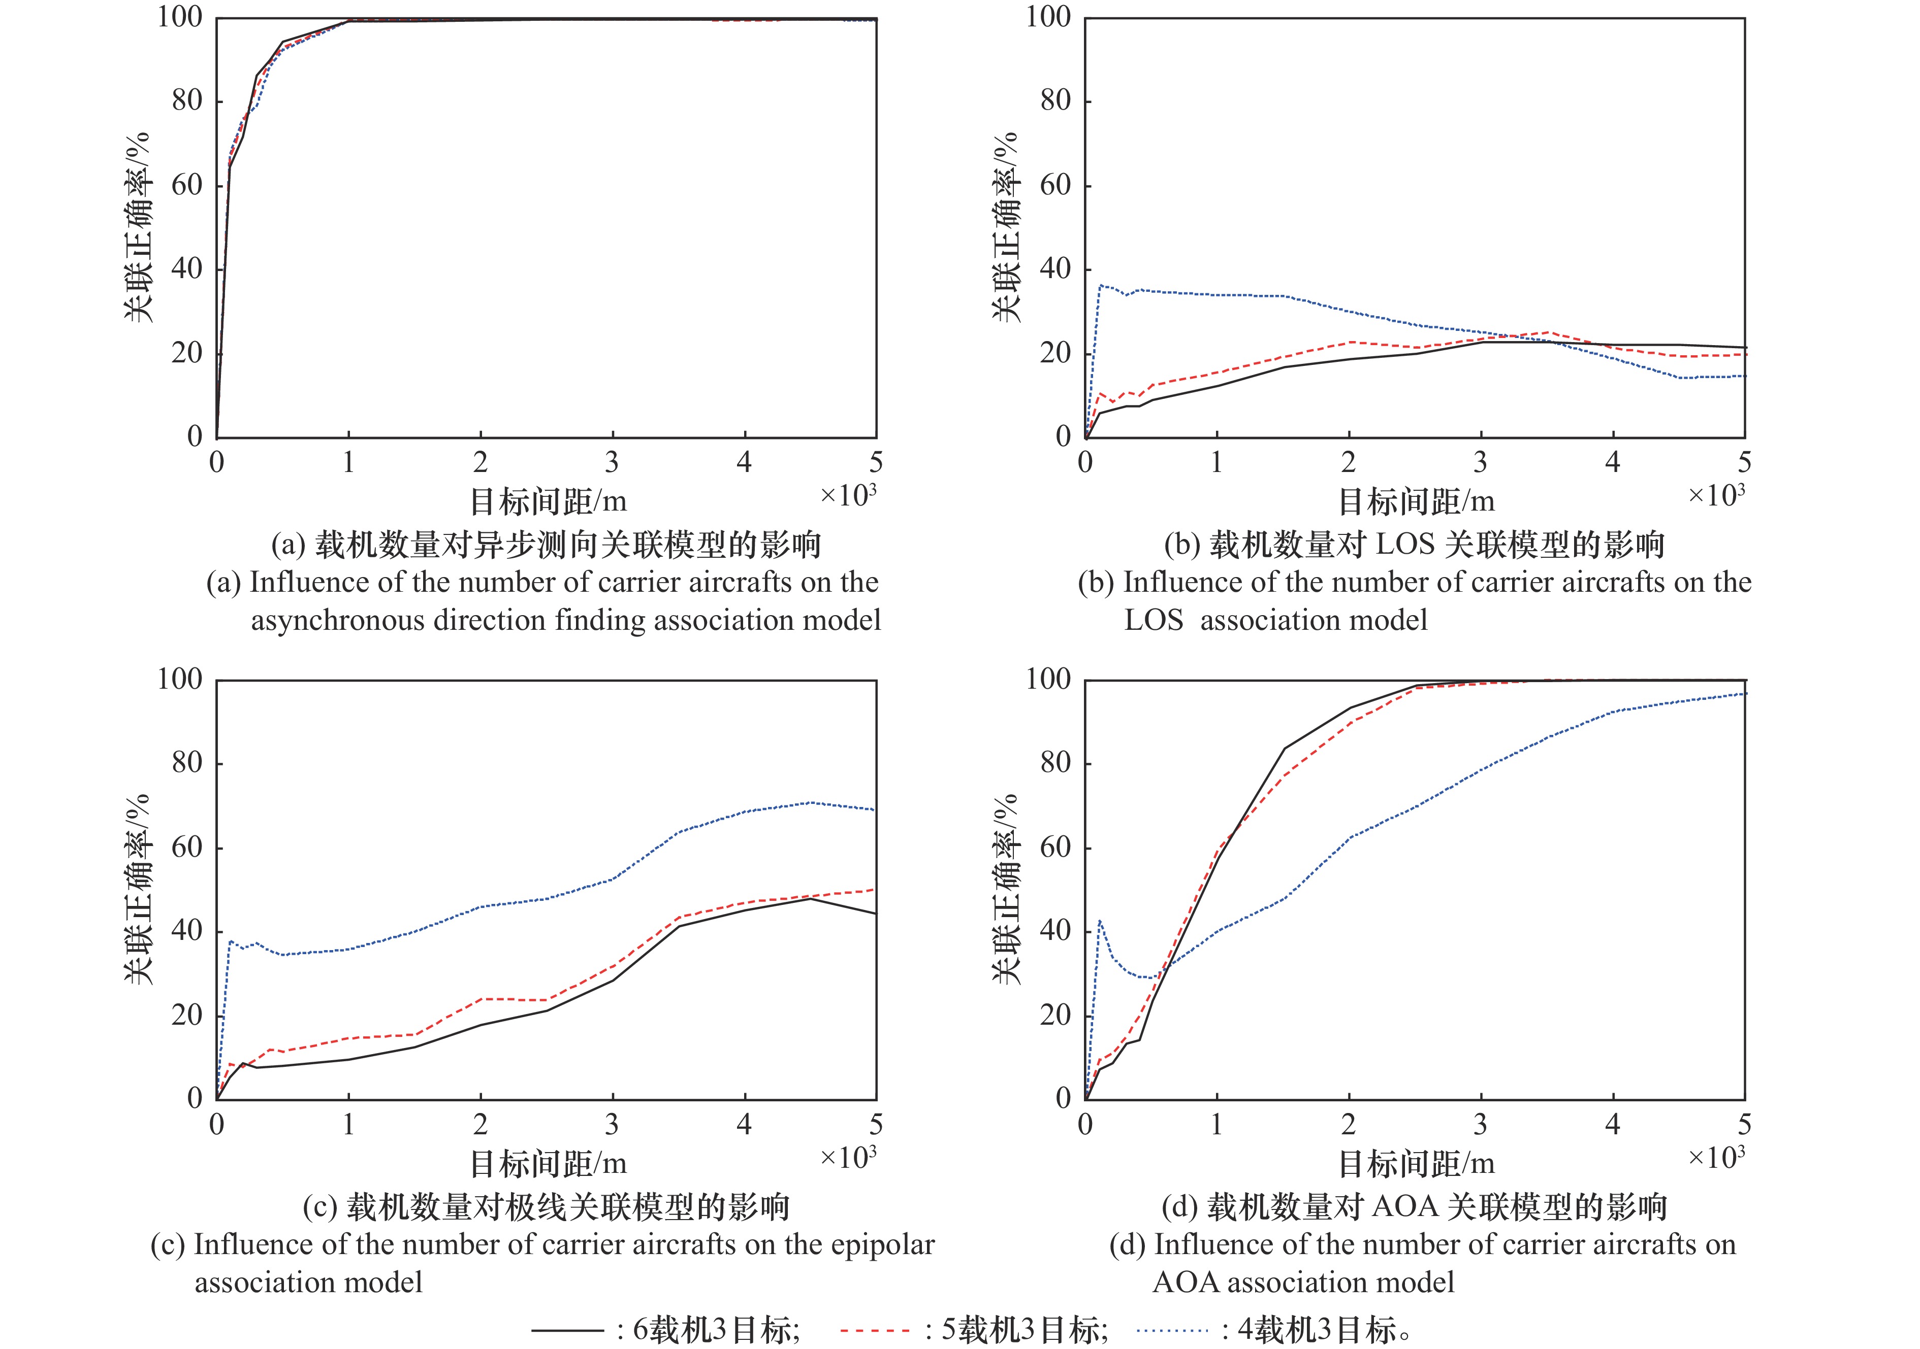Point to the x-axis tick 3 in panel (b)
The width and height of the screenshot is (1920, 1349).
tap(1481, 462)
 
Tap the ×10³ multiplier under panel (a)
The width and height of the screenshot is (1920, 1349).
tap(848, 495)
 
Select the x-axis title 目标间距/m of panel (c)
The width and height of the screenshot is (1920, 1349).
tap(548, 1163)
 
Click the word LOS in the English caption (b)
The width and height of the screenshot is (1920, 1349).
tap(1153, 620)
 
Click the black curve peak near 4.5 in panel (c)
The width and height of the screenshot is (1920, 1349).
tap(810, 898)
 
